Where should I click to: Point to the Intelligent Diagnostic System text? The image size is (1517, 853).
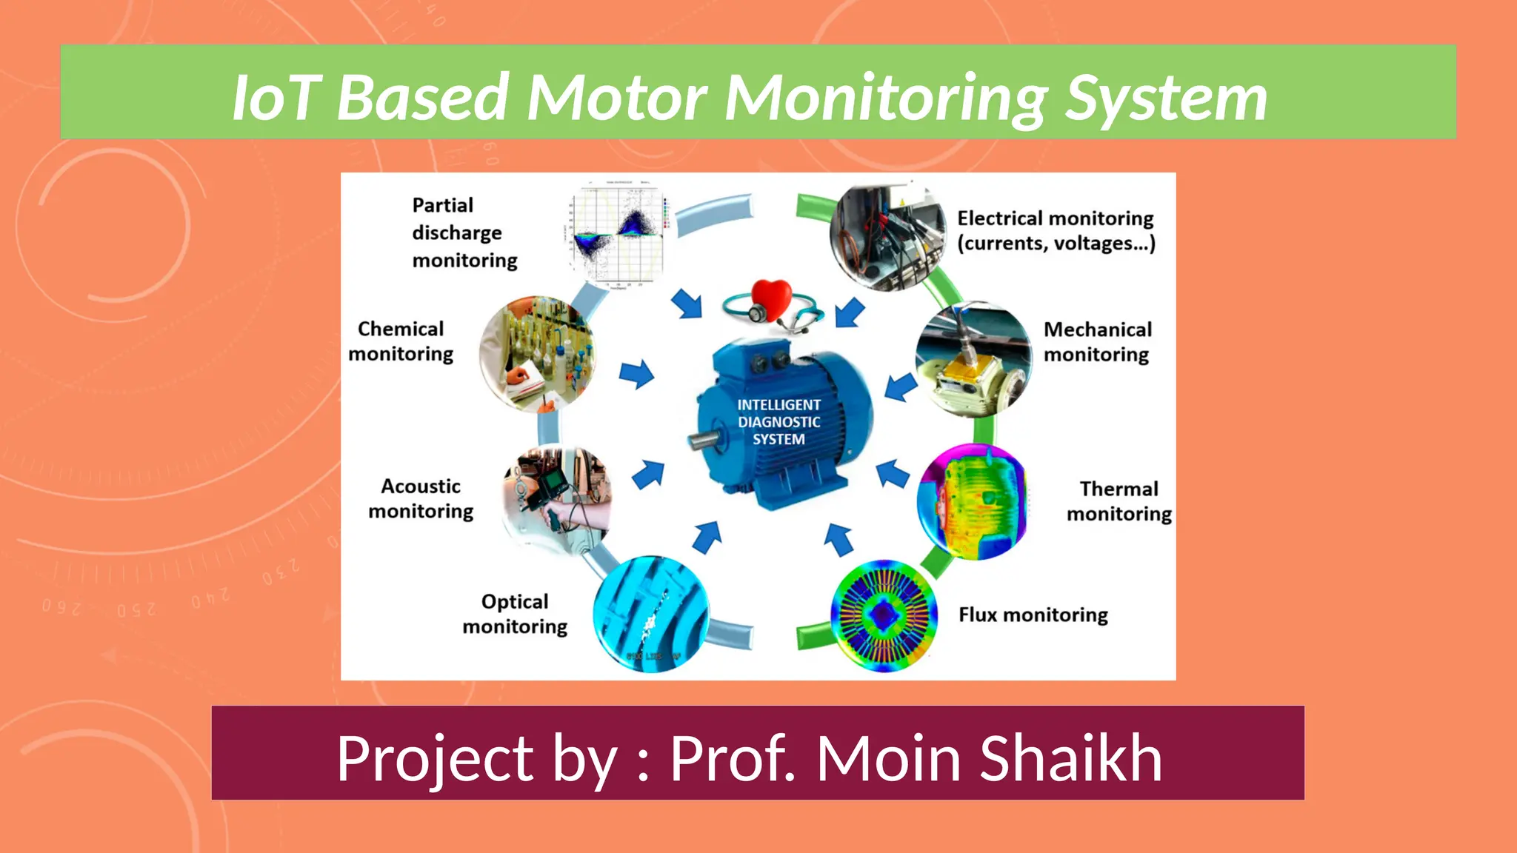778,422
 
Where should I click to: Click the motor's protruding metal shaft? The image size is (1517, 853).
704,441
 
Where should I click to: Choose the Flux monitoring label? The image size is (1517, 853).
1033,615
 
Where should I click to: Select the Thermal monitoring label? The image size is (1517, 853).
1118,501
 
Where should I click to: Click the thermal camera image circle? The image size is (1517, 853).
973,502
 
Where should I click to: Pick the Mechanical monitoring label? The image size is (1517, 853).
1097,341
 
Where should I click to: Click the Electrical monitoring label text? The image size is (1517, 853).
1055,230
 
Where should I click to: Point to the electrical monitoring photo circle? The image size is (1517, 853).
887,236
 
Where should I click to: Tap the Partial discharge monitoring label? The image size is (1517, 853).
464,233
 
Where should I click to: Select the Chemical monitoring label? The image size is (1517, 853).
401,341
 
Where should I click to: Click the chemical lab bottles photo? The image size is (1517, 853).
537,354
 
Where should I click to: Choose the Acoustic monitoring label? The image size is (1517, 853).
421,498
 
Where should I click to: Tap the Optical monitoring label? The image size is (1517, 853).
515,614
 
